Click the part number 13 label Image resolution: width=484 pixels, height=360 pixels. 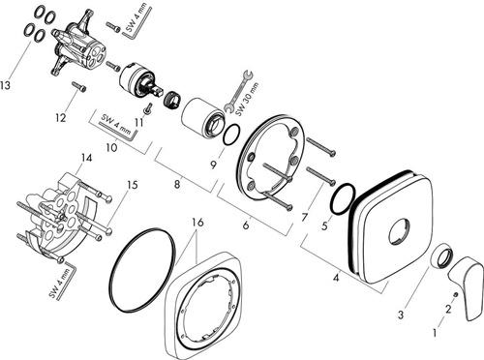pyautogui.click(x=6, y=85)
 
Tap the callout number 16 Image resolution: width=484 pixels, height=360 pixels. pyautogui.click(x=197, y=223)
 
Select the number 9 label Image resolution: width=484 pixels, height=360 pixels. pyautogui.click(x=213, y=165)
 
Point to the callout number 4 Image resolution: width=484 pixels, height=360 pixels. pyautogui.click(x=336, y=278)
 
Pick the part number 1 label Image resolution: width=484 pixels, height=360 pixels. pyautogui.click(x=435, y=333)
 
